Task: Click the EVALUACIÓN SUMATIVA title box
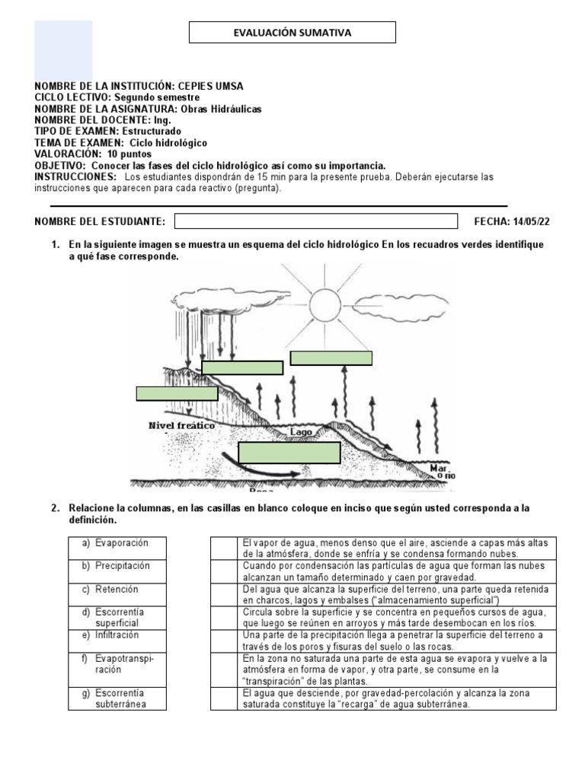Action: coord(292,33)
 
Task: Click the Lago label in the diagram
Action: coord(301,431)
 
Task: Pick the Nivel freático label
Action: coord(181,426)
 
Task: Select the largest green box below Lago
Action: coord(289,452)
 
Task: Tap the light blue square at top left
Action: coord(63,50)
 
